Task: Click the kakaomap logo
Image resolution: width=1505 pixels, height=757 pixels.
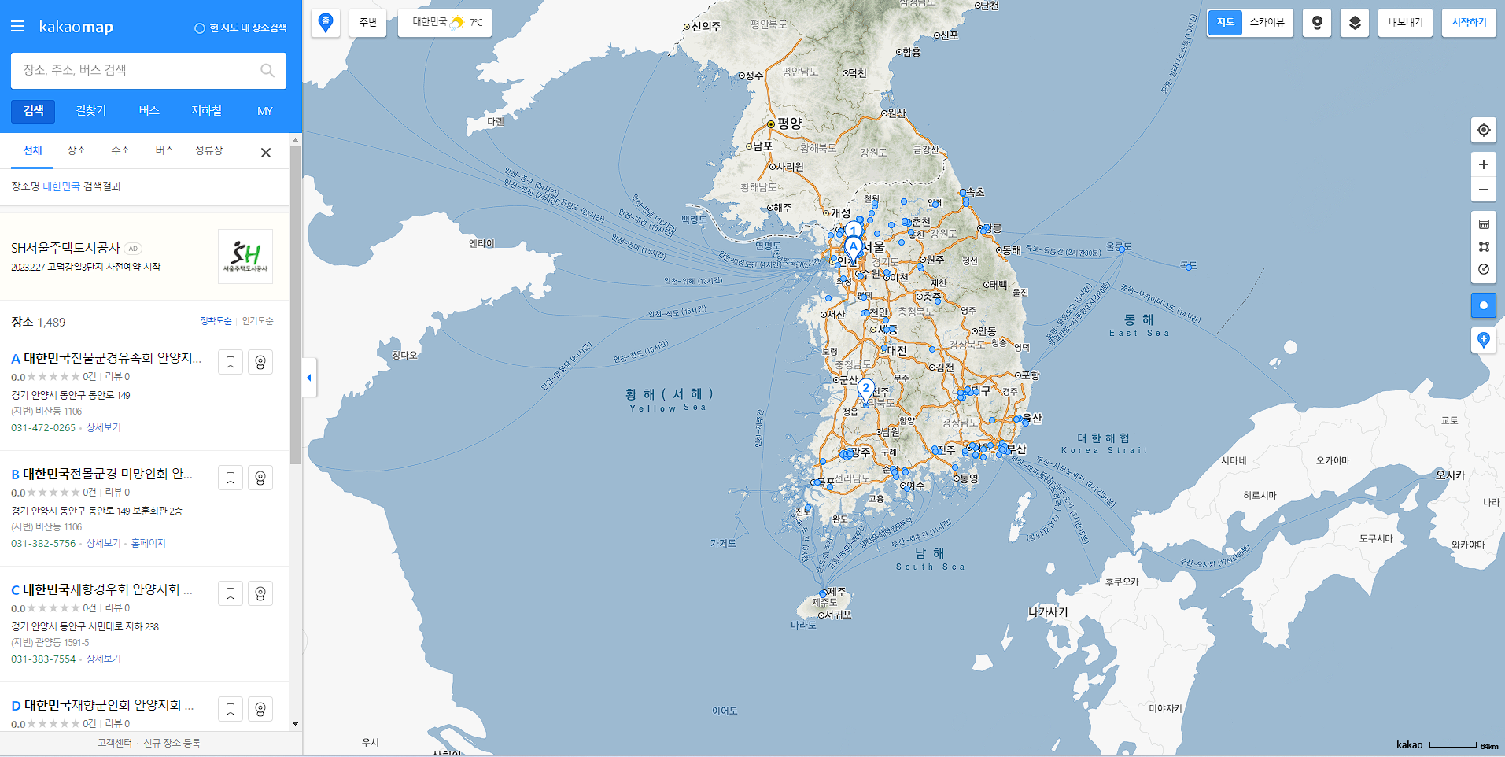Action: (76, 27)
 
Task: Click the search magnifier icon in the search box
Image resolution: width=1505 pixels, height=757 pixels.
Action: (267, 70)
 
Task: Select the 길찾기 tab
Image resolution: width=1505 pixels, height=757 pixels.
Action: (91, 111)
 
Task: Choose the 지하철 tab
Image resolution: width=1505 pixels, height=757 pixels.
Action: (206, 111)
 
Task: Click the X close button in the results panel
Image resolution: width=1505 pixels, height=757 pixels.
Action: (266, 153)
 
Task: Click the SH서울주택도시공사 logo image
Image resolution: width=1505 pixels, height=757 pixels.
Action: (245, 257)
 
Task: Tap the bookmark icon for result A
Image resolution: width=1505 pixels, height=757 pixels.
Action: (231, 362)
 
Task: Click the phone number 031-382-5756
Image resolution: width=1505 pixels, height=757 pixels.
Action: (43, 543)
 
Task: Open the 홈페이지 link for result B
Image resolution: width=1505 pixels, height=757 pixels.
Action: (148, 543)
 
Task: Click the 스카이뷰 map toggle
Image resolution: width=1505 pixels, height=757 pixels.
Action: (1267, 23)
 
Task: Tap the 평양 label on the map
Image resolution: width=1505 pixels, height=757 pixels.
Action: (789, 124)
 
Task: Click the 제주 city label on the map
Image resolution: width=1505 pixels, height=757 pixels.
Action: (836, 591)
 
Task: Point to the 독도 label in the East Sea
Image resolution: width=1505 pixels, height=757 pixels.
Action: (1189, 266)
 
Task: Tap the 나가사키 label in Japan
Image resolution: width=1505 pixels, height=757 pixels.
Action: (1048, 611)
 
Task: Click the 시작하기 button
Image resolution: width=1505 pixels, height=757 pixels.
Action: (1469, 23)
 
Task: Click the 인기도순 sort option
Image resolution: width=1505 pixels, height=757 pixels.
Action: (257, 321)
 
